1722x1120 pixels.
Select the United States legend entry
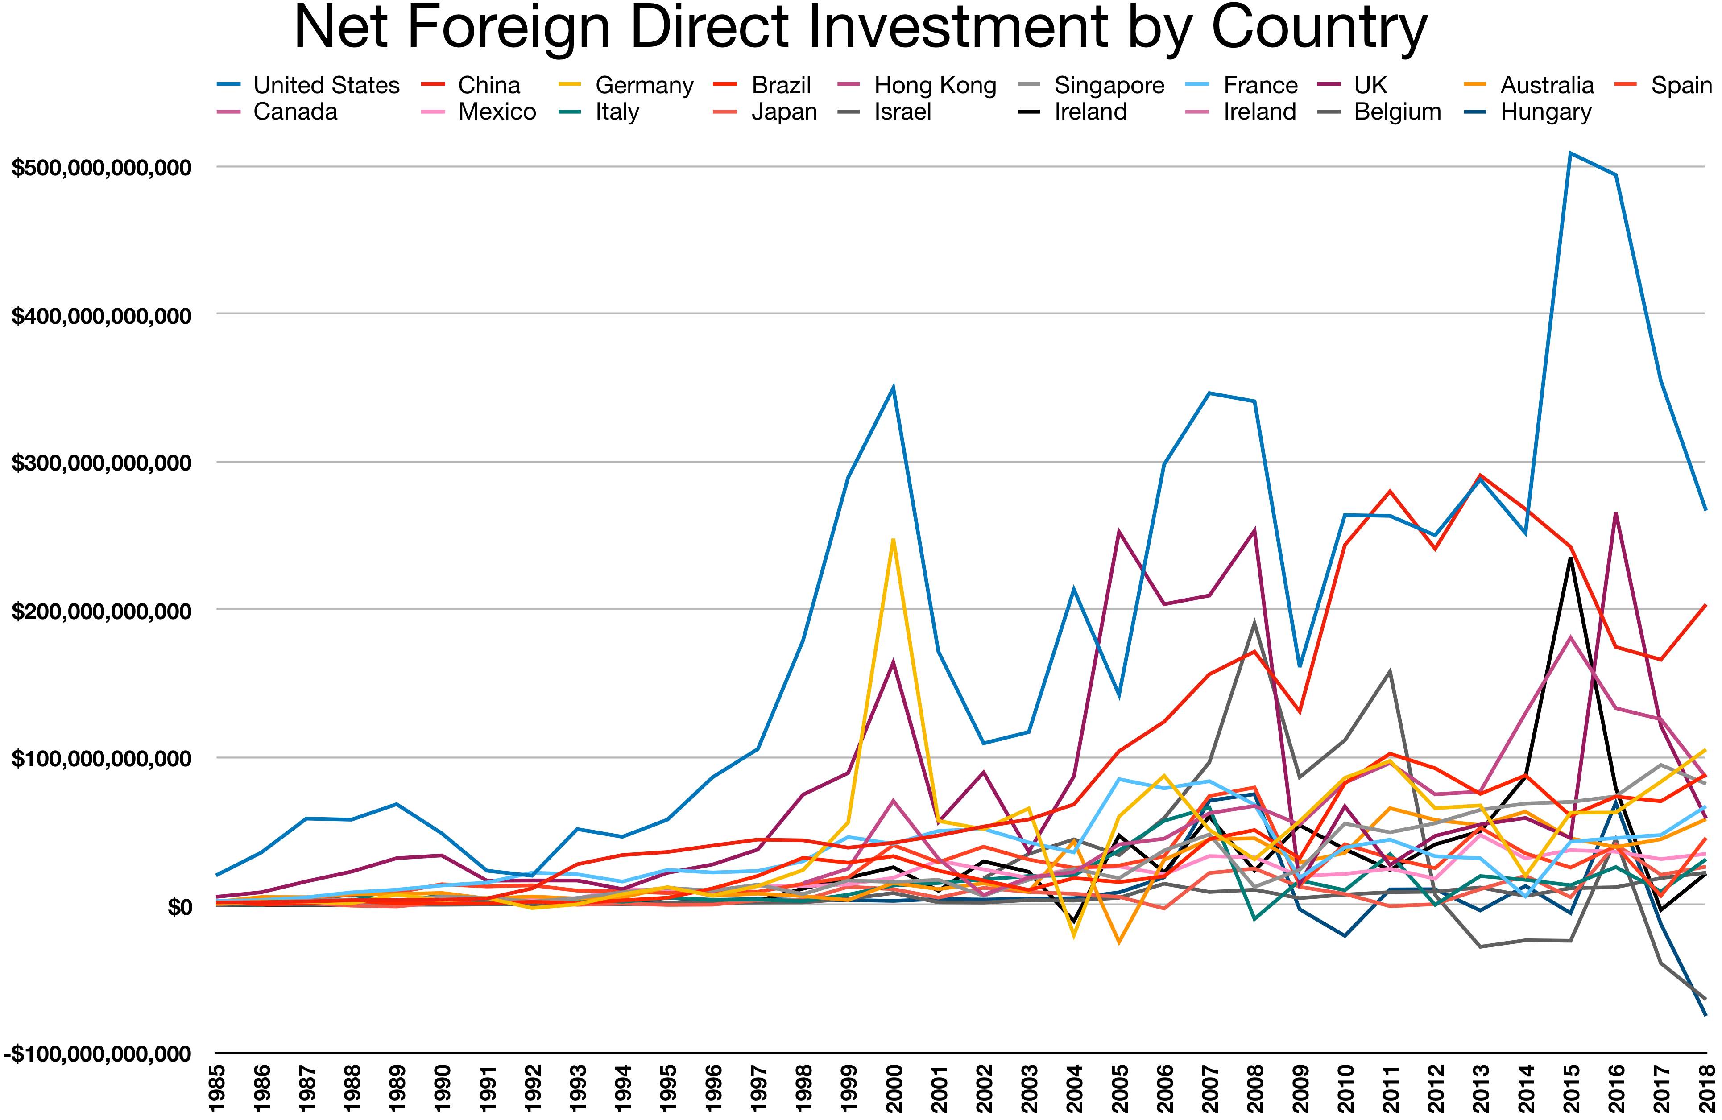point(326,85)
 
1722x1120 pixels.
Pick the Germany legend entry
point(644,85)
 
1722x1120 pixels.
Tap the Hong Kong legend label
point(935,85)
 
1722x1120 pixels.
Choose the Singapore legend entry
point(1109,85)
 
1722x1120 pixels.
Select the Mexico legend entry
point(497,112)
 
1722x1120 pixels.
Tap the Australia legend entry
point(1546,85)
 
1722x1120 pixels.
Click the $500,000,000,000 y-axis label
point(101,168)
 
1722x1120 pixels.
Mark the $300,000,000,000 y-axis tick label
point(101,463)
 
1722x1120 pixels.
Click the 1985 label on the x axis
point(216,1087)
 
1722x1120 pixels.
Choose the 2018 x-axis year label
point(1706,1087)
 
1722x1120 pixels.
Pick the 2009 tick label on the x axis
point(1300,1087)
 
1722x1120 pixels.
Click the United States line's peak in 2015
point(1570,153)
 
